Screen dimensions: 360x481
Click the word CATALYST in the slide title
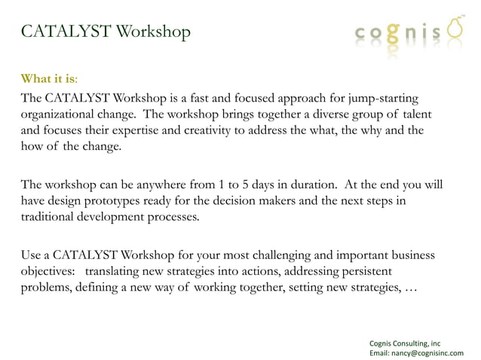click(66, 32)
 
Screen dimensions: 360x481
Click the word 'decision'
click(298, 201)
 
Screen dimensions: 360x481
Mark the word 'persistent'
click(381, 271)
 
